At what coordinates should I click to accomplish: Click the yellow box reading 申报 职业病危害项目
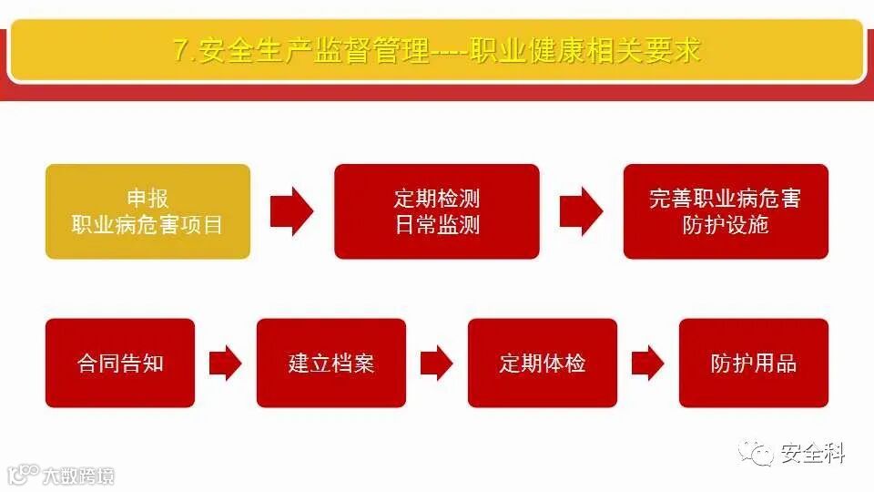[147, 211]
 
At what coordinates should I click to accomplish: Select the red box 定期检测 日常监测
[437, 211]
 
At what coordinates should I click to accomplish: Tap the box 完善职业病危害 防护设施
[726, 211]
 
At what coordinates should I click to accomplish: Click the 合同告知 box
[120, 363]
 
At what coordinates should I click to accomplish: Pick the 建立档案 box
[331, 363]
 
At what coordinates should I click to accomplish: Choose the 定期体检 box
[543, 363]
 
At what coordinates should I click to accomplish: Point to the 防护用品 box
[754, 363]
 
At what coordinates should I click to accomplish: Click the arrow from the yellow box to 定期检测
[291, 211]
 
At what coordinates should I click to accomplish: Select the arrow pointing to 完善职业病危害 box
[581, 211]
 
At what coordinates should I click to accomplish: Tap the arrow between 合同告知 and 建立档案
[225, 364]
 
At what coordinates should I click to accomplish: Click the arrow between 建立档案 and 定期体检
[437, 364]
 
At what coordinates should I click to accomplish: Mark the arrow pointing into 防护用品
[647, 364]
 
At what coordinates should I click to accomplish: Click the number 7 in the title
[180, 51]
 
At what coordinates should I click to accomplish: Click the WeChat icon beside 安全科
[757, 451]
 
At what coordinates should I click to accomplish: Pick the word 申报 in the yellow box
[147, 199]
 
